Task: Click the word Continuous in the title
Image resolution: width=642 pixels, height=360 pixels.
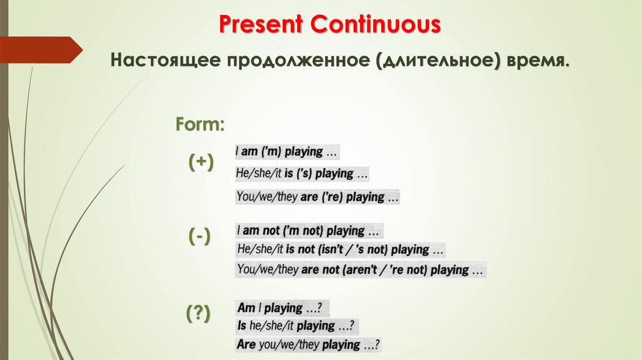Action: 376,25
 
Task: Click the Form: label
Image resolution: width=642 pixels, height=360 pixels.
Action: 200,124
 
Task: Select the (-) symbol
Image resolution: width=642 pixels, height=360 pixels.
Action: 200,236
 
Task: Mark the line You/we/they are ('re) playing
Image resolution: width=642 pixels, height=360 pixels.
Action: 317,196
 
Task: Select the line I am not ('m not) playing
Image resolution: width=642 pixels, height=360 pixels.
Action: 308,230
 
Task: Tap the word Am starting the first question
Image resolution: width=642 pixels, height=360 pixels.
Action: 245,308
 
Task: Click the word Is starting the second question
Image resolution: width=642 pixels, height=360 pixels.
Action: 242,326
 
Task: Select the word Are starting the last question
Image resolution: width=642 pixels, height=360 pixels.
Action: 246,344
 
